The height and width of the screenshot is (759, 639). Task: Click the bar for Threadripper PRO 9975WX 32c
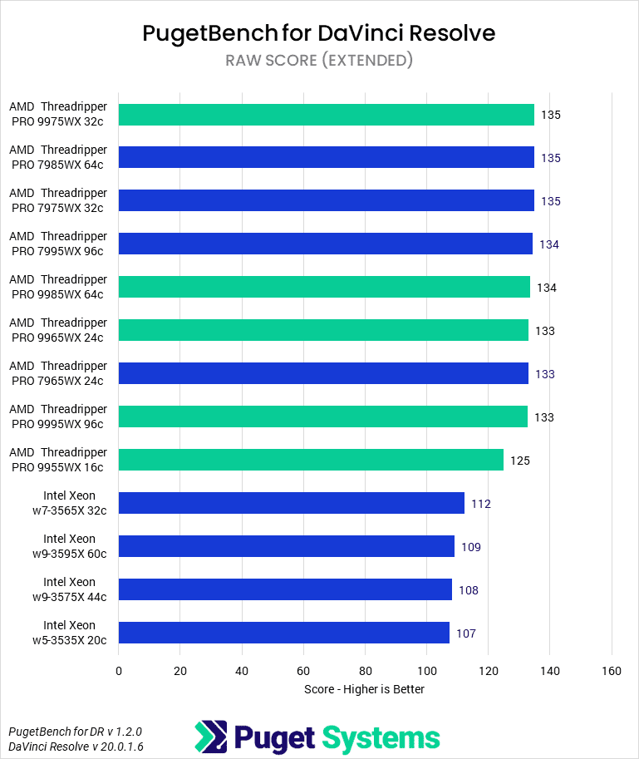(x=327, y=115)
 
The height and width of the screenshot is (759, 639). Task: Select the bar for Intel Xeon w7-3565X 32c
(x=292, y=504)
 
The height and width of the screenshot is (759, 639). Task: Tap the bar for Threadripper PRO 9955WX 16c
(x=311, y=461)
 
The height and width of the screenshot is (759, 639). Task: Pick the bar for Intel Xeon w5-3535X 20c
(x=284, y=633)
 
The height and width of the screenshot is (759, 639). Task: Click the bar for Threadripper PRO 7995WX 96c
(x=326, y=244)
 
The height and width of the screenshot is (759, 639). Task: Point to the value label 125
(x=520, y=461)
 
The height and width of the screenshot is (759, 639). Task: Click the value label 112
(x=481, y=504)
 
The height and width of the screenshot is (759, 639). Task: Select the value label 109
(x=471, y=547)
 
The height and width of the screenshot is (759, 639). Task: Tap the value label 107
(x=466, y=633)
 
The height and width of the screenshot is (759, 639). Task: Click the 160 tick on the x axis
(x=612, y=671)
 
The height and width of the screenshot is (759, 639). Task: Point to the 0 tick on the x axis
(x=119, y=671)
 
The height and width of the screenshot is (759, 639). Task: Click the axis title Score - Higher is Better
(x=365, y=689)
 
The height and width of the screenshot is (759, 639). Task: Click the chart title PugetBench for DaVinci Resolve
(x=319, y=32)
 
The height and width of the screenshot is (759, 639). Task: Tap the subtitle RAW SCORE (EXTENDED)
(x=319, y=60)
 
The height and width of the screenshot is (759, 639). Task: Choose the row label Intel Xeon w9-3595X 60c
(x=69, y=546)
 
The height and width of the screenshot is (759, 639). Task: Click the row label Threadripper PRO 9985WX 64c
(x=58, y=287)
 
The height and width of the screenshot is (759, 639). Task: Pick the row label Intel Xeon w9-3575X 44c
(x=69, y=589)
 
